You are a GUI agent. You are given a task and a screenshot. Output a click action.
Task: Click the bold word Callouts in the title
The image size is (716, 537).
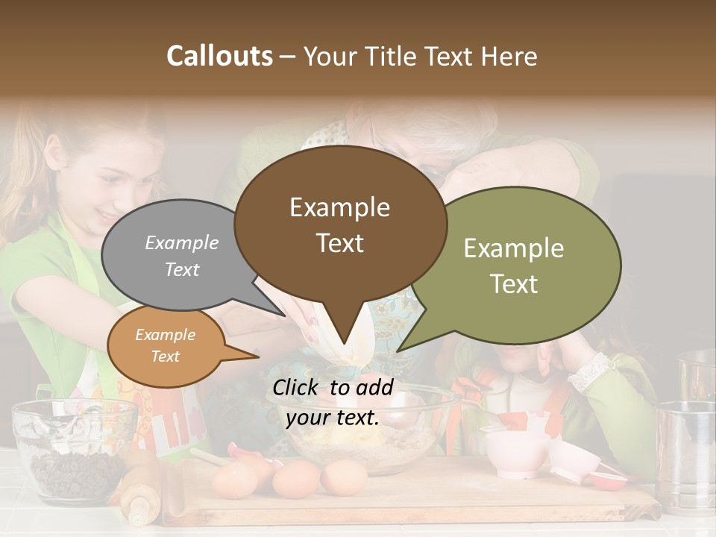click(x=219, y=56)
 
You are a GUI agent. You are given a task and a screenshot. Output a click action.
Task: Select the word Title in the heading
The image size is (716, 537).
click(x=395, y=56)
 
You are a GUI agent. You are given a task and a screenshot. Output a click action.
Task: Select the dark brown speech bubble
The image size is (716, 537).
click(x=340, y=224)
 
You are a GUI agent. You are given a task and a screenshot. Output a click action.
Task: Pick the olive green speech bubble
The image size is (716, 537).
click(x=522, y=265)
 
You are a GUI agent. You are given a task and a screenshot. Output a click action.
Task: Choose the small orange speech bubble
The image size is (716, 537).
click(x=165, y=346)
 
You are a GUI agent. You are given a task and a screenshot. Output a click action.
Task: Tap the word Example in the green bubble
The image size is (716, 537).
click(x=514, y=248)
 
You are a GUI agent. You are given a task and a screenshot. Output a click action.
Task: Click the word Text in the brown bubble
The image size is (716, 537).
click(x=340, y=243)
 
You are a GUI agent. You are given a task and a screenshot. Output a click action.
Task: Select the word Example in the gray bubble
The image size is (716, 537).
click(x=181, y=242)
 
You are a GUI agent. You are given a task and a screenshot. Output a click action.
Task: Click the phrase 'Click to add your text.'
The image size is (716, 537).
click(x=333, y=402)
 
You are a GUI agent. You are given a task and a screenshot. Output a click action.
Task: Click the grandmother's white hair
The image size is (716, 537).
click(x=447, y=131)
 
